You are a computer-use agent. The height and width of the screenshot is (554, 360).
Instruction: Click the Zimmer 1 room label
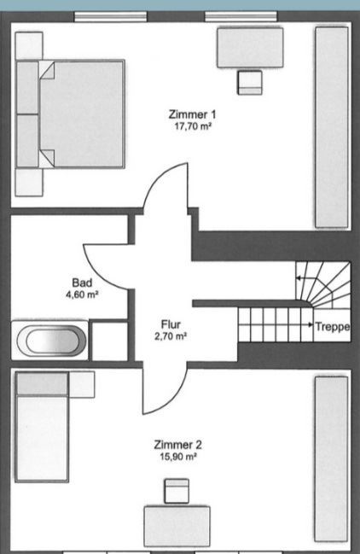(x=192, y=114)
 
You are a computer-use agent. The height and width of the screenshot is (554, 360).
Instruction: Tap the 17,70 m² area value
(x=193, y=126)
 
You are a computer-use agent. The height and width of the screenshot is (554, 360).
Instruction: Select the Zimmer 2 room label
(x=178, y=445)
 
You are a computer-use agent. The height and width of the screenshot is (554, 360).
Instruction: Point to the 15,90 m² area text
(x=178, y=457)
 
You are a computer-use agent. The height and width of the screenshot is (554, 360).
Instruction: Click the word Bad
(x=82, y=283)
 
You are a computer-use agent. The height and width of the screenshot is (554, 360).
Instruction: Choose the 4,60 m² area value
(x=82, y=294)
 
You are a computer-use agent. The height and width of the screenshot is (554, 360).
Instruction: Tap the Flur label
(x=171, y=324)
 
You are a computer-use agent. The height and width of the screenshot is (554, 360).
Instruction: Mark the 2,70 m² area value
(x=171, y=336)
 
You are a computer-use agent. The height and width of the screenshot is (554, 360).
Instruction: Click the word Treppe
(x=333, y=326)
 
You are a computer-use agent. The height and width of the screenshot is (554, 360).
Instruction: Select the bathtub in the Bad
(x=51, y=341)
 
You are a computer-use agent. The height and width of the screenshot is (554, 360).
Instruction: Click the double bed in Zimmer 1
(x=71, y=114)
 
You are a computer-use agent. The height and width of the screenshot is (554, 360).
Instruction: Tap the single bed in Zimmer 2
(x=42, y=427)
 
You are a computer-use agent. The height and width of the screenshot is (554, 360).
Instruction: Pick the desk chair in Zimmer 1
(x=250, y=82)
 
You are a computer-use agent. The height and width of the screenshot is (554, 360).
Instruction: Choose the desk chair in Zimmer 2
(x=177, y=491)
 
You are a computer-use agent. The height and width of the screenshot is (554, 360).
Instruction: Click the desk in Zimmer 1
(x=250, y=47)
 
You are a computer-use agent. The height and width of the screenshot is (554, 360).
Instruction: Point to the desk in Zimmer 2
(x=177, y=527)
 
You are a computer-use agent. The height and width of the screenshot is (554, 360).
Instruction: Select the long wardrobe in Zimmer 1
(x=332, y=127)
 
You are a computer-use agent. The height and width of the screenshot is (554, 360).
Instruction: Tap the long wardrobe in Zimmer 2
(x=331, y=459)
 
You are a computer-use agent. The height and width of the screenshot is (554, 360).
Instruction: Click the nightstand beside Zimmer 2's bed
(x=82, y=384)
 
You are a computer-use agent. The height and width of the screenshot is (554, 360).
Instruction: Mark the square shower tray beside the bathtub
(x=110, y=341)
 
